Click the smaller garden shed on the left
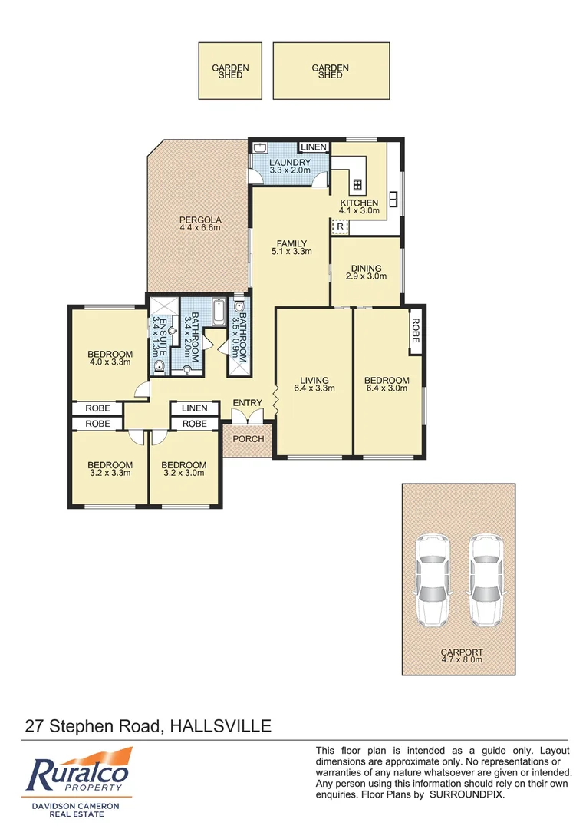pos(230,71)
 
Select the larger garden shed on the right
pos(331,71)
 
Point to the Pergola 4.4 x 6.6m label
pos(199,223)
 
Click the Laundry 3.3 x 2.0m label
pos(289,167)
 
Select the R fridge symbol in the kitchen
pos(339,226)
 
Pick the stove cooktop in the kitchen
pos(357,184)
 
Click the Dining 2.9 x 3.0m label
pos(365,271)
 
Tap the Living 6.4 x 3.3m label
pos(314,385)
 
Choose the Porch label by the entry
pos(248,439)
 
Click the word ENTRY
pos(247,404)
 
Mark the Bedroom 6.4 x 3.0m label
pos(387,385)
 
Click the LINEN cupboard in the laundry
pos(313,147)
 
